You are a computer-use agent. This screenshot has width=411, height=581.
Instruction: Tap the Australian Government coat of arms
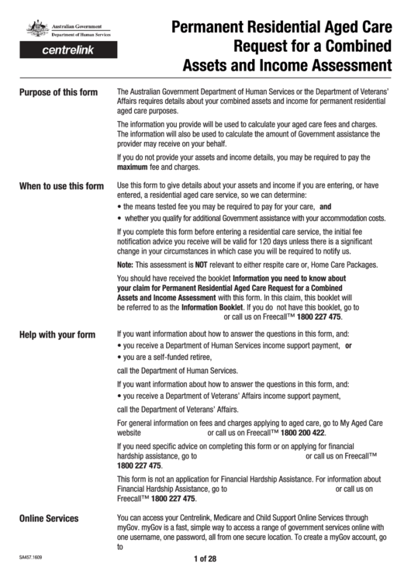coord(37,30)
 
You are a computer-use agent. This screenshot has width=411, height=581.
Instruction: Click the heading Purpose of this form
coord(58,92)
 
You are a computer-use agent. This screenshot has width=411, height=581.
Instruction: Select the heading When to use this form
coord(60,187)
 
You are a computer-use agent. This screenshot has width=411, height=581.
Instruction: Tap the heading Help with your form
coord(57,335)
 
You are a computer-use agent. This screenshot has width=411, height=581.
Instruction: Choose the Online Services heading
coord(49,517)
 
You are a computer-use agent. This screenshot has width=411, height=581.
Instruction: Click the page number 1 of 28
coord(205,561)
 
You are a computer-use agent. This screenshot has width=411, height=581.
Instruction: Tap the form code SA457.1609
coord(30,558)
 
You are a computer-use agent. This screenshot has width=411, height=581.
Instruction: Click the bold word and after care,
coord(326,208)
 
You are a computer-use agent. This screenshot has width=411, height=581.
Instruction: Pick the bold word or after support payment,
coord(348,346)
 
